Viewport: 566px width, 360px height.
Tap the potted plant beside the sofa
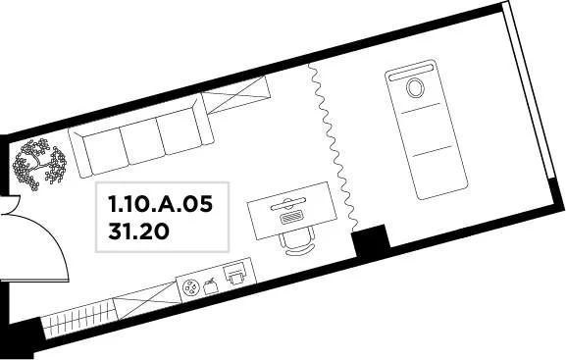point(39,162)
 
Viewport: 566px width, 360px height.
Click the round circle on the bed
point(415,87)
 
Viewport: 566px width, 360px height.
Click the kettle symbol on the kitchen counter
point(210,285)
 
